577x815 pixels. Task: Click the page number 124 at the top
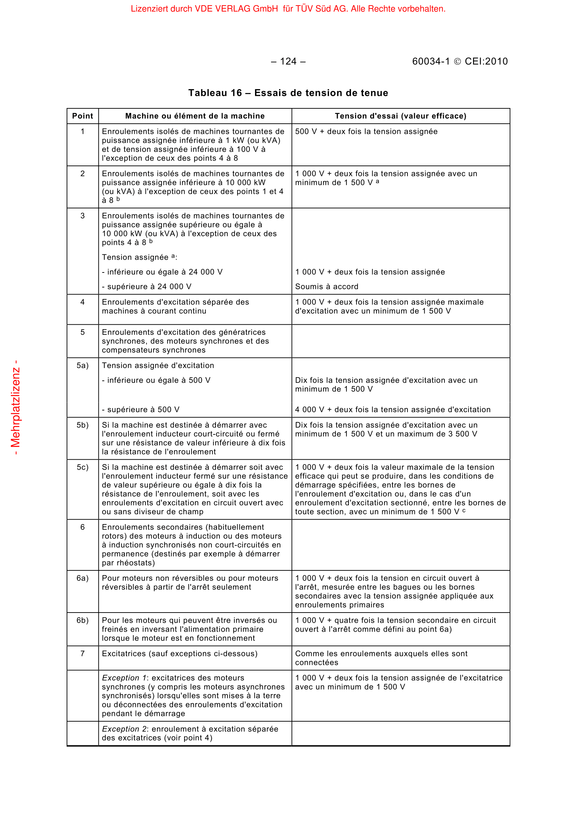pos(288,62)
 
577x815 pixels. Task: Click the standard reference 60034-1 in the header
pos(430,62)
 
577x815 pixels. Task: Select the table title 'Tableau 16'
pos(215,93)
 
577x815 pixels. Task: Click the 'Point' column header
pos(82,116)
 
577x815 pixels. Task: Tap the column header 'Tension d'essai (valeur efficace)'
pos(400,116)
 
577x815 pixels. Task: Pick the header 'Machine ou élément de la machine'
pos(195,116)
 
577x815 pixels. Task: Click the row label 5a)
pos(82,366)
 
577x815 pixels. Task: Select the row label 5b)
pos(82,425)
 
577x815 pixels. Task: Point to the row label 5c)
pos(82,468)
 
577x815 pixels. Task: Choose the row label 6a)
pos(82,578)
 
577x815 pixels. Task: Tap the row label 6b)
pos(82,621)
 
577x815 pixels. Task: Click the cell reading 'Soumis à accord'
pos(327,287)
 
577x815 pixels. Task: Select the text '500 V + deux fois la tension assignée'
pos(366,132)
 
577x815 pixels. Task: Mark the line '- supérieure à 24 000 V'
pos(147,287)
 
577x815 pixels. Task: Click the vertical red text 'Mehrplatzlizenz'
pos(16,408)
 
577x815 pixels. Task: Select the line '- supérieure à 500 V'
pos(141,410)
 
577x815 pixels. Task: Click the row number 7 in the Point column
pos(82,654)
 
